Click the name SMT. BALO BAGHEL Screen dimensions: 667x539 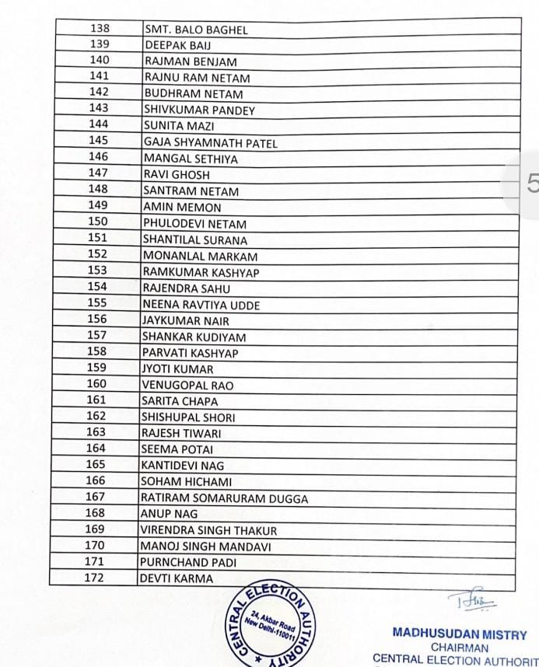coord(196,30)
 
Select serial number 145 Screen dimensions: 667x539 coord(99,141)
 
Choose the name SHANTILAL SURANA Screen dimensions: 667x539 coord(194,240)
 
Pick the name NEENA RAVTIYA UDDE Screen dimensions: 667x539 coord(201,305)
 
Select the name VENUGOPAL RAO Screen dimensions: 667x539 coord(187,385)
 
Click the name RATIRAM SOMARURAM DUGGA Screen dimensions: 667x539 coord(224,498)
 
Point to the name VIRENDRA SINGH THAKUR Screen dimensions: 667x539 coord(208,530)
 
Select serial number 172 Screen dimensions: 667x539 coord(94,578)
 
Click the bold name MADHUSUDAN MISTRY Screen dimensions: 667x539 coord(460,634)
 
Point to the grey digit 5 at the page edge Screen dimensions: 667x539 coord(532,183)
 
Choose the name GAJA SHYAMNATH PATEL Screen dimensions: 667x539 coord(210,143)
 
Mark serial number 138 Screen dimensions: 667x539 coord(100,28)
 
